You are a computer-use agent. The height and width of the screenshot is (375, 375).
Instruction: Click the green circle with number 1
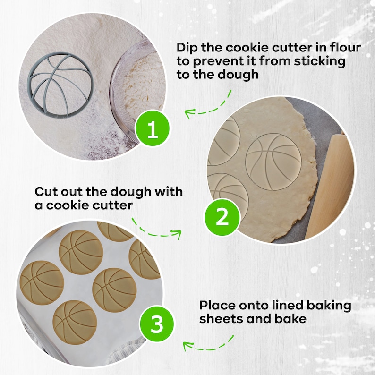pyautogui.click(x=152, y=129)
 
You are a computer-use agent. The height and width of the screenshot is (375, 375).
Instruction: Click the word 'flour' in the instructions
pyautogui.click(x=345, y=48)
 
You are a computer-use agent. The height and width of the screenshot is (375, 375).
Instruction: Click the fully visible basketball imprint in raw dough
pyautogui.click(x=273, y=161)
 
